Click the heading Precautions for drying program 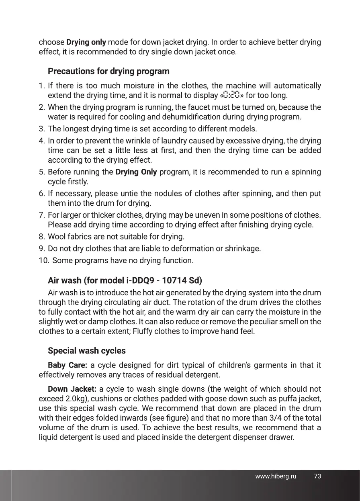(x=108, y=72)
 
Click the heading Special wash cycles (x=86, y=351)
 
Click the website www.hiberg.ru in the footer (x=276, y=476)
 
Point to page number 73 (x=317, y=476)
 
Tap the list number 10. (x=43, y=260)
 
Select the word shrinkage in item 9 (x=244, y=248)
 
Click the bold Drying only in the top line (x=86, y=42)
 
